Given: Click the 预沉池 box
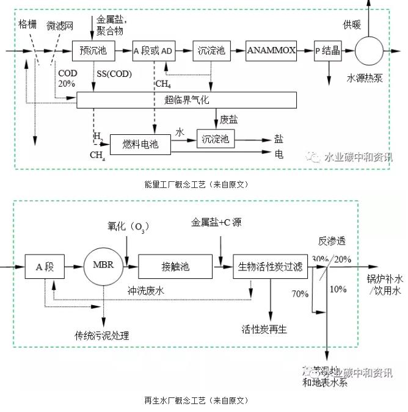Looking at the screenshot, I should click(x=93, y=51).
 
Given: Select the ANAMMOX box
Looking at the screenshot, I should click(x=272, y=51).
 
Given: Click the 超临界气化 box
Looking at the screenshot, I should click(x=186, y=99).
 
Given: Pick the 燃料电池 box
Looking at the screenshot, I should click(x=140, y=144).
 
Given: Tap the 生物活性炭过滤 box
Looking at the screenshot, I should click(x=271, y=266).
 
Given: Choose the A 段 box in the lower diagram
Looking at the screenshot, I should click(x=45, y=266).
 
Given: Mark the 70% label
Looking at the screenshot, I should click(x=300, y=294).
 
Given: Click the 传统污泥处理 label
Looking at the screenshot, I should click(x=103, y=335).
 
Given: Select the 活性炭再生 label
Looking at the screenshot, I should click(x=264, y=330).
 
